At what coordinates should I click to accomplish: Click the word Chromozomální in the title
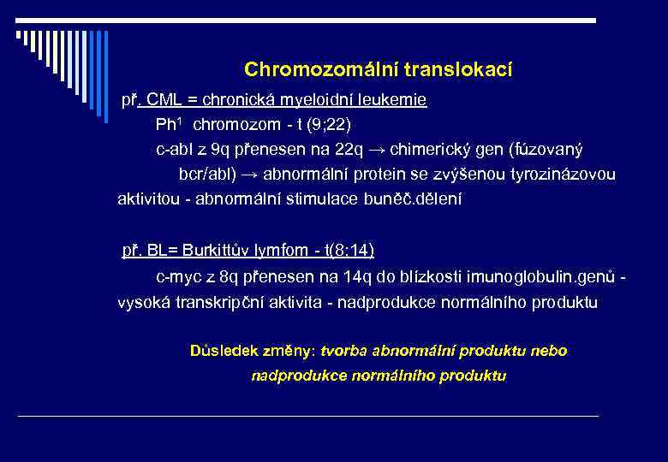point(307,69)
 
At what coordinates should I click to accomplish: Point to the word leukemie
point(395,100)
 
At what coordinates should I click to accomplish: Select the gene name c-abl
point(176,150)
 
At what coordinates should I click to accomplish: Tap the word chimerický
point(430,150)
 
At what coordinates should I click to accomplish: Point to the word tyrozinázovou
point(561,175)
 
